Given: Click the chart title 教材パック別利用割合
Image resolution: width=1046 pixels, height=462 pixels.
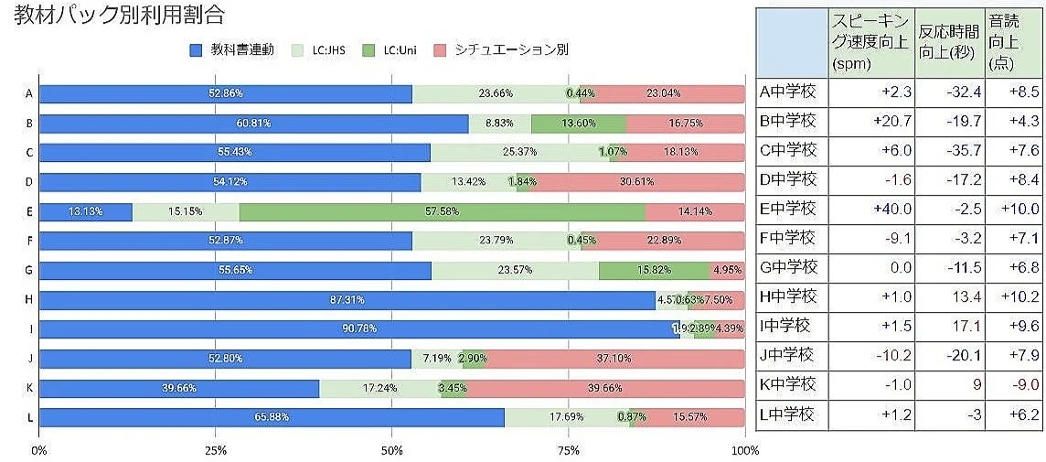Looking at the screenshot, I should point(119,16).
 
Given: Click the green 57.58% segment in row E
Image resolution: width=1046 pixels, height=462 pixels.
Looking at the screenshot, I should point(442,211).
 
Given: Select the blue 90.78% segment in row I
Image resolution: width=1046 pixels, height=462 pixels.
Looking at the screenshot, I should point(359,328).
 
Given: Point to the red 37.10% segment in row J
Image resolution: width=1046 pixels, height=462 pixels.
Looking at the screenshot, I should point(615,358).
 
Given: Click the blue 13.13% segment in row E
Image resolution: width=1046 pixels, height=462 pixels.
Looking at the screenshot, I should point(85,211).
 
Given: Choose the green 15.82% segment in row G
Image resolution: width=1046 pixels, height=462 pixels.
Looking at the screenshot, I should point(654,270).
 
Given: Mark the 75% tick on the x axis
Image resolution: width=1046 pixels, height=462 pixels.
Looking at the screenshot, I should point(569,451).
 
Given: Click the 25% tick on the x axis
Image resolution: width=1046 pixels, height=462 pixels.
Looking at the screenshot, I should point(216,451).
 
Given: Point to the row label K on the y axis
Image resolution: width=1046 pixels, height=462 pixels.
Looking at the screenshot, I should point(30,388).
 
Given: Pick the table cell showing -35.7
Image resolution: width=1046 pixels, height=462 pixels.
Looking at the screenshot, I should point(950,150).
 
